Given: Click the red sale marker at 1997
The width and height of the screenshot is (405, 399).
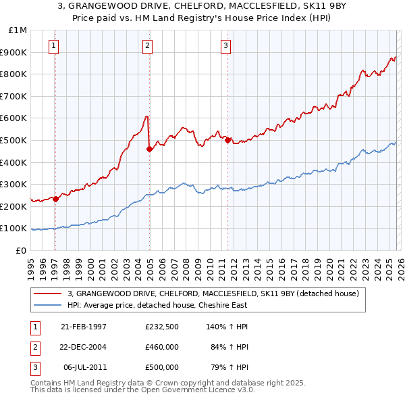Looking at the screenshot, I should tap(56, 199).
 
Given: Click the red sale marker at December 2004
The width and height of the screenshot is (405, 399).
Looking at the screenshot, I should tap(149, 149).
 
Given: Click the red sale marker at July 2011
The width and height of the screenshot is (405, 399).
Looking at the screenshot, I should tap(227, 141).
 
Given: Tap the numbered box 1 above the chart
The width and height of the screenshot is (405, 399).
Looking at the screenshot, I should tap(53, 46).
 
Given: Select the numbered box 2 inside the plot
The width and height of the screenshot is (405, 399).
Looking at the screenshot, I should tap(147, 46).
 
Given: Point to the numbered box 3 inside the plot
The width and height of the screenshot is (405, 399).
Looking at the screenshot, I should tap(225, 46).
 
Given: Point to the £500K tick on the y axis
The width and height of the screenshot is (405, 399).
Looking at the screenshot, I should tap(15, 141).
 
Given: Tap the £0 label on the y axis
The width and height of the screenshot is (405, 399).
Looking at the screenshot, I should tap(21, 250).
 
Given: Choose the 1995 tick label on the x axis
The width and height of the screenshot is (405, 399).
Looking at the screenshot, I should tap(31, 265).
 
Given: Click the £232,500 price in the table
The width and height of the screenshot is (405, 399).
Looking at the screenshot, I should tap(161, 327).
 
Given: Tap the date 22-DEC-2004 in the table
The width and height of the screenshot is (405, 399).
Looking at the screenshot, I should tap(84, 347).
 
